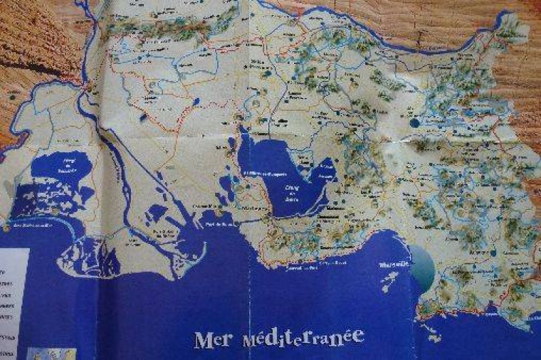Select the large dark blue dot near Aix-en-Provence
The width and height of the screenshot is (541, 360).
point(414,123)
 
